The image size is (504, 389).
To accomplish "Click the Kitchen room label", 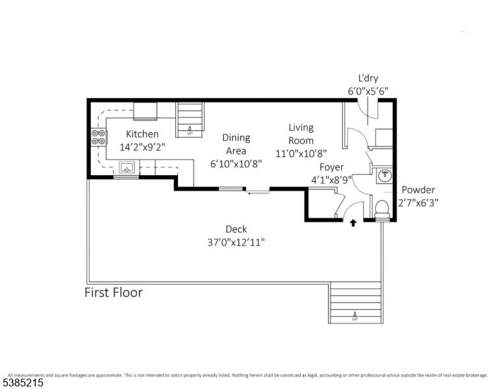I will click(x=142, y=134).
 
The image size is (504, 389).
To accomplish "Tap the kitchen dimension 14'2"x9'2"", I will click(x=142, y=147).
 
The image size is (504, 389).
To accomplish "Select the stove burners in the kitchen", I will click(x=99, y=137).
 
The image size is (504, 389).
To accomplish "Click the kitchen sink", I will click(x=126, y=167).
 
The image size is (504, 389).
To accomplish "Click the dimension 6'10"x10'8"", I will click(x=236, y=163).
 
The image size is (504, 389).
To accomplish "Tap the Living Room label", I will click(x=301, y=134).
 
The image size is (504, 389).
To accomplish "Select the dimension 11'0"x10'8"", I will click(x=301, y=154).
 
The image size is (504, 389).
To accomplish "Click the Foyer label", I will click(x=331, y=167).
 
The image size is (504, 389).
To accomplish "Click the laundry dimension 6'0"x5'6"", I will click(x=368, y=91).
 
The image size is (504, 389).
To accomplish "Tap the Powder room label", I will click(x=418, y=190).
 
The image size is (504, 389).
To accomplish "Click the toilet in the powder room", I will click(x=383, y=207).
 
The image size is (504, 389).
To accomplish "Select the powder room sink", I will click(x=384, y=174).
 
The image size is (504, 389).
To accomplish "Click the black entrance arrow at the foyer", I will click(x=353, y=223).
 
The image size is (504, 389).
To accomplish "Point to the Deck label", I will click(x=236, y=229).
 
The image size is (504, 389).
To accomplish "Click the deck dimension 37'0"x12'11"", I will click(x=236, y=242).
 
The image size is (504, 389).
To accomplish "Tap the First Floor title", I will click(x=114, y=292).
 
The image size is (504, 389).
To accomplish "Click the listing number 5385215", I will click(x=23, y=383).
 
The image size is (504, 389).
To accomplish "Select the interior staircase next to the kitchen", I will click(x=190, y=119).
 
